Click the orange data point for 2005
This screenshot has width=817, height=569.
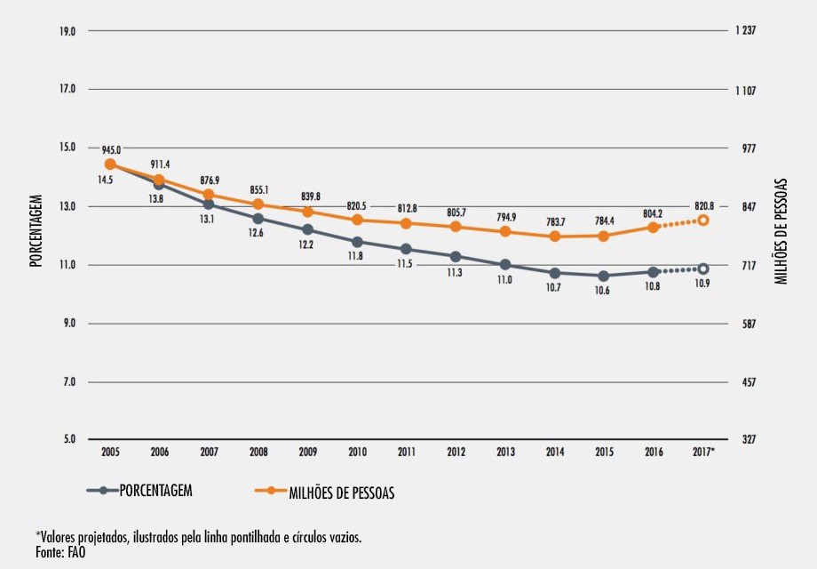tap(110, 164)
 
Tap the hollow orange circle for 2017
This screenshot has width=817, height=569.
tap(703, 220)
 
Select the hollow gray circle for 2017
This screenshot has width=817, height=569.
tap(703, 268)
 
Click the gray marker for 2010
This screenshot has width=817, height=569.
tap(357, 242)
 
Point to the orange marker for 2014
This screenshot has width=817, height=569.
tap(555, 236)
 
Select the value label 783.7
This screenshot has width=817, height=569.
tap(555, 221)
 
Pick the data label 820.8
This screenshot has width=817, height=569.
tap(703, 204)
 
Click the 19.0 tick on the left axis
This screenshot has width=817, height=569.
tap(67, 31)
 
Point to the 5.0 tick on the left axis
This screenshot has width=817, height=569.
tap(69, 440)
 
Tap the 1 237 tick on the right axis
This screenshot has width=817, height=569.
tap(745, 31)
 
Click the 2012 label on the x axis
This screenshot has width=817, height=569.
tap(456, 453)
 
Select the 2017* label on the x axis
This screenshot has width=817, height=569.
tap(703, 453)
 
